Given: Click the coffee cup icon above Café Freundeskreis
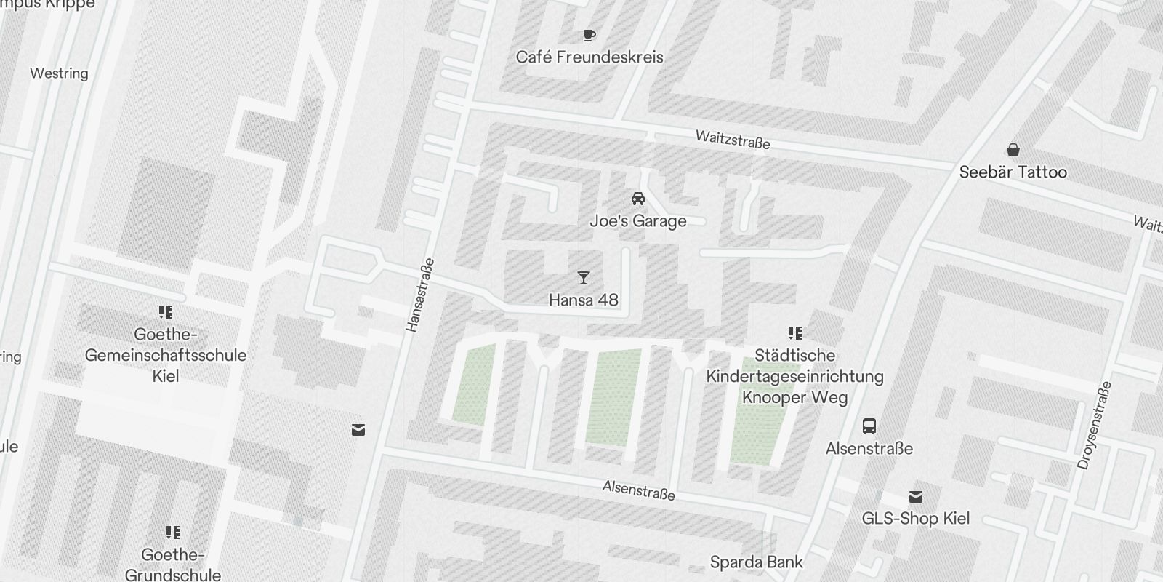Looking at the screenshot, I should [x=589, y=35].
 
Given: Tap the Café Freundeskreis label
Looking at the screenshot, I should [x=589, y=57].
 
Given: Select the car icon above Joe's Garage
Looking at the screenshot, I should [x=638, y=199].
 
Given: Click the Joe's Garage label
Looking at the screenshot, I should [x=638, y=220].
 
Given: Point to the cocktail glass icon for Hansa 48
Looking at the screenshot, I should [x=583, y=278].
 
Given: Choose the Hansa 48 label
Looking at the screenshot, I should [x=583, y=300].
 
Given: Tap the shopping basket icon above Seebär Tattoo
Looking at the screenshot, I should [x=1013, y=151].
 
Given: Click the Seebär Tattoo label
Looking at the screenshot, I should [x=1013, y=172].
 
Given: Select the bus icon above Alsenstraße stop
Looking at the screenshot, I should [x=869, y=426].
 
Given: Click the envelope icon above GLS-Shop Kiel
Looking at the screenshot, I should [x=916, y=497].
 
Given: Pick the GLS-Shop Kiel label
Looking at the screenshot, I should [x=916, y=519].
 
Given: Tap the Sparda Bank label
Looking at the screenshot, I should [x=756, y=562].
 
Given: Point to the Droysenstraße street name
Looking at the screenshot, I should [x=1095, y=425].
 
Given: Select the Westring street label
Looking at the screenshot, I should [x=59, y=73].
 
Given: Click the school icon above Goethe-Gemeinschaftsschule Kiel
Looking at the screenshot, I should [x=166, y=312].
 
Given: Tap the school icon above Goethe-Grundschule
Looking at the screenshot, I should [x=172, y=533].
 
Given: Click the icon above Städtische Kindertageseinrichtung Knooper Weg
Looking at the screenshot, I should [x=794, y=333].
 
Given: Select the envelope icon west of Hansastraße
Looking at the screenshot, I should [x=358, y=430].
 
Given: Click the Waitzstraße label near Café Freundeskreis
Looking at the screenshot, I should [x=732, y=140].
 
